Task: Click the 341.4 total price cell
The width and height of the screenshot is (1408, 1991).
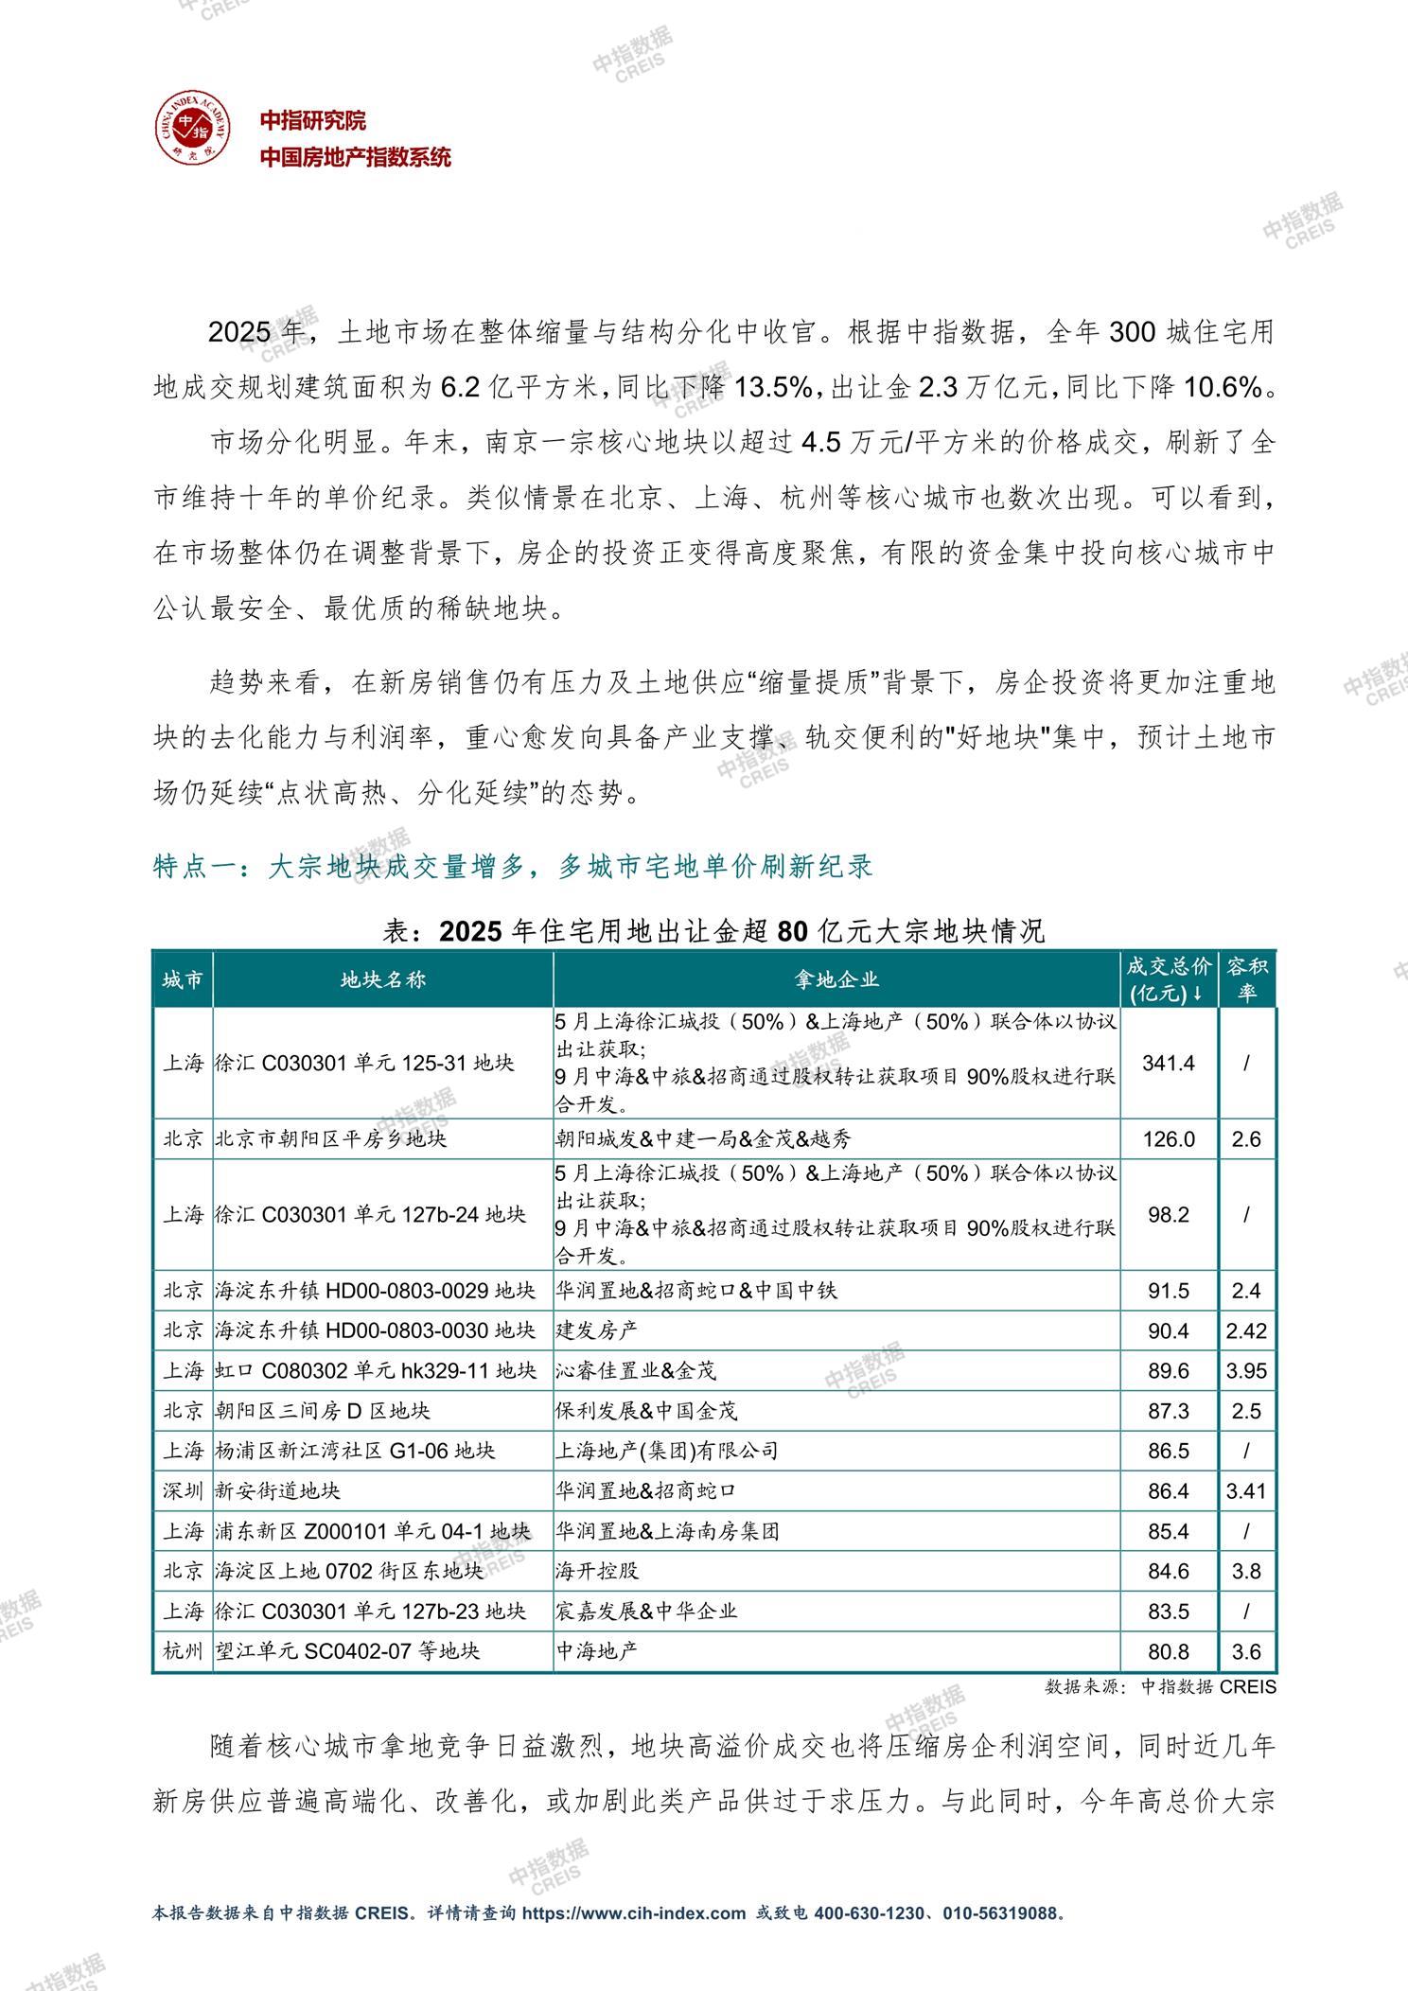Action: click(x=1168, y=1063)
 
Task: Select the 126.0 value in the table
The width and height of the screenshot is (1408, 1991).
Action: click(x=1168, y=1138)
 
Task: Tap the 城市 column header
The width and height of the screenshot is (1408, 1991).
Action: click(x=182, y=979)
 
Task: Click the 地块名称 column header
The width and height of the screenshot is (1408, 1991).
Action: click(x=382, y=979)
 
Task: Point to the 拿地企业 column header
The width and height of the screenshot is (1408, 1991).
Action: click(x=836, y=979)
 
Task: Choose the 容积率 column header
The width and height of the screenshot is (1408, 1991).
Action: click(x=1246, y=979)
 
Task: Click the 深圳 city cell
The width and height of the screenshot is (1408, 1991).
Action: click(x=183, y=1490)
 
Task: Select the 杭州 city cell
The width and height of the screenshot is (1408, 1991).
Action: click(x=183, y=1651)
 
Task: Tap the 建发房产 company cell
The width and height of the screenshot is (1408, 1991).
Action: click(x=596, y=1330)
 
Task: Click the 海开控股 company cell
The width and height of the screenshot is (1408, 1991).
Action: click(x=596, y=1571)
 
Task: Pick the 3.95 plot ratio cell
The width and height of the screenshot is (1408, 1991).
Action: click(x=1246, y=1370)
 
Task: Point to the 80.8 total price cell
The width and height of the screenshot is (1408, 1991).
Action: click(x=1168, y=1651)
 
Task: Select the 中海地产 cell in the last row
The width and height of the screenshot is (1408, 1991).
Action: click(x=596, y=1651)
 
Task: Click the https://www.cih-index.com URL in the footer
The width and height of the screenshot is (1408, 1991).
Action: click(x=634, y=1912)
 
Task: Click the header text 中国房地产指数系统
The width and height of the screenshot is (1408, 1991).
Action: click(x=356, y=158)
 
